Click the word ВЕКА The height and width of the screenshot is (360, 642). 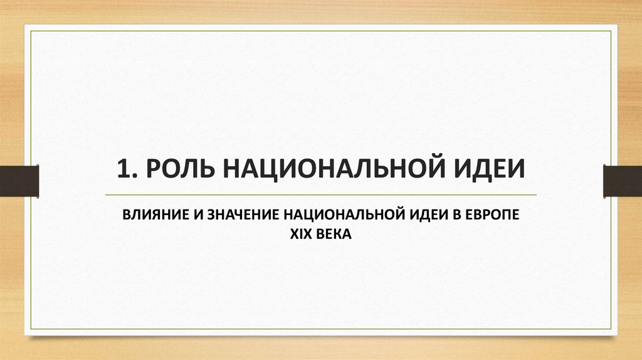pos(335,234)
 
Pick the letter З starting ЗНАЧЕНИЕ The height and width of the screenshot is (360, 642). pos(206,215)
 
